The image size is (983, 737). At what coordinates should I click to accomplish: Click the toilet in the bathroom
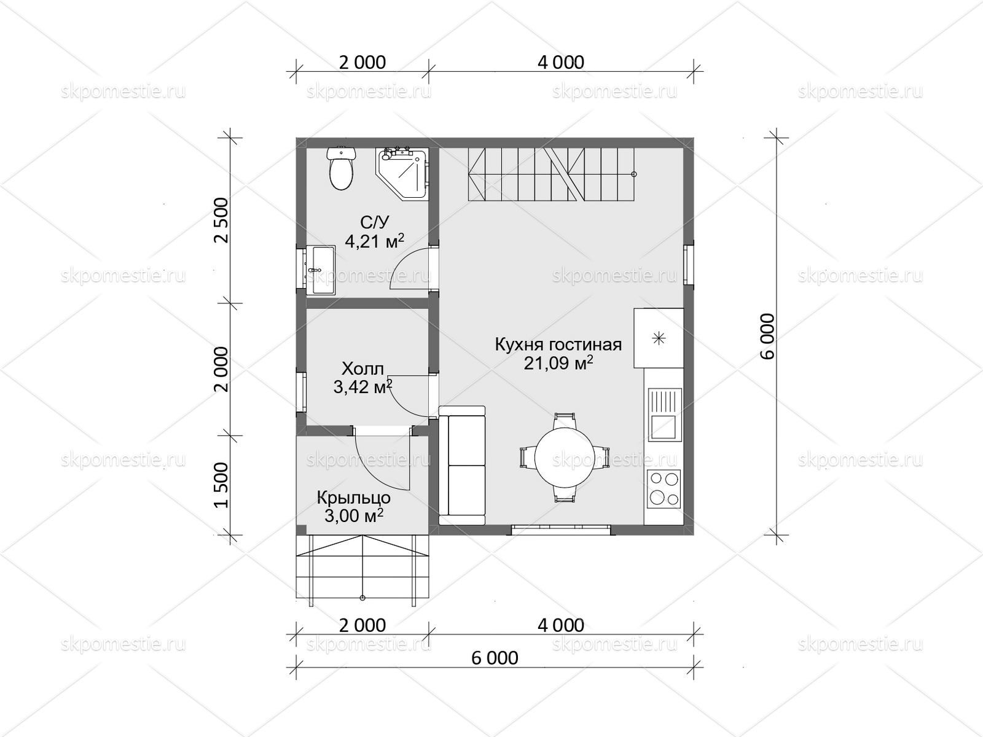341,168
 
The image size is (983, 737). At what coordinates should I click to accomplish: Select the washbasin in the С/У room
319,270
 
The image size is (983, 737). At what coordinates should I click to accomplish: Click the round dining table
564,458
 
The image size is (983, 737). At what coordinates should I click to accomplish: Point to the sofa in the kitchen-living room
462,465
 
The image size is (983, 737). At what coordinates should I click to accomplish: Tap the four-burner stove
664,488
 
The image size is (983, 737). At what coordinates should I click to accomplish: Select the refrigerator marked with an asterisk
659,338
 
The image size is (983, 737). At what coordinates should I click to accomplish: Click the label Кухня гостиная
558,345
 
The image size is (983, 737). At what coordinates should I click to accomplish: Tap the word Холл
362,368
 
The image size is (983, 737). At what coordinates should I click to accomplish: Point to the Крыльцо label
354,497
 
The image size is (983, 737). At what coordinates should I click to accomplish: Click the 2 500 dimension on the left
222,220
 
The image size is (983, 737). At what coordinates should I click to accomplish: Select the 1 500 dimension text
222,486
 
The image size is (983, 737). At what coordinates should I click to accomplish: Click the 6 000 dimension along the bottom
495,658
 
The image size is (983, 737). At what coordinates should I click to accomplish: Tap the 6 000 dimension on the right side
767,336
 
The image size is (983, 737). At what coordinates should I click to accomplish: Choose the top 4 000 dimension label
561,63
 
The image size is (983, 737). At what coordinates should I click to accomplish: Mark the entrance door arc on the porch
376,467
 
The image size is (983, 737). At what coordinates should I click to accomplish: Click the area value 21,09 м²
558,363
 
